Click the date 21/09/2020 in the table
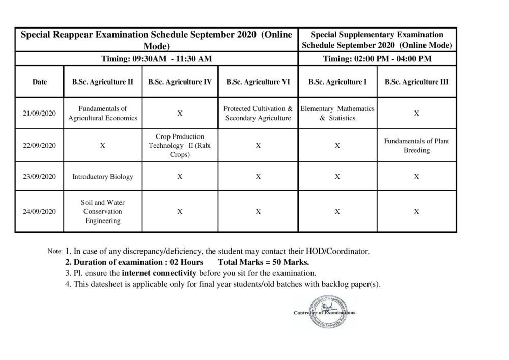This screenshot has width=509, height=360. pyautogui.click(x=39, y=113)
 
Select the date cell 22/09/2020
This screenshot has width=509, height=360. pyautogui.click(x=39, y=145)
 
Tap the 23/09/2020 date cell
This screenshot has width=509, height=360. pyautogui.click(x=39, y=177)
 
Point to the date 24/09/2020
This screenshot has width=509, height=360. pyautogui.click(x=39, y=211)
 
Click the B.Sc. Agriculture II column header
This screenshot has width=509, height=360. pyautogui.click(x=103, y=81)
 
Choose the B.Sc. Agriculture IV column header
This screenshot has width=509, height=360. pyautogui.click(x=180, y=81)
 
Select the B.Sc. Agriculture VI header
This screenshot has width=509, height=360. pyautogui.click(x=258, y=81)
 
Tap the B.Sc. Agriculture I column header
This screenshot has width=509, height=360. pyautogui.click(x=337, y=81)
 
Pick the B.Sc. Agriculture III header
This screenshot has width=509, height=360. pyautogui.click(x=416, y=81)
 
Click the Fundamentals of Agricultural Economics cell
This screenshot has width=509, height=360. pyautogui.click(x=103, y=113)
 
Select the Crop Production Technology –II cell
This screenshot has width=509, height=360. pyautogui.click(x=180, y=145)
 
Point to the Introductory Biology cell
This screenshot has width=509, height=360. pyautogui.click(x=103, y=177)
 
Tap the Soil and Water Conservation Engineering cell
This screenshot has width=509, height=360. pyautogui.click(x=103, y=211)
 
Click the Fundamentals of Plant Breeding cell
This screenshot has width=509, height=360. pyautogui.click(x=416, y=145)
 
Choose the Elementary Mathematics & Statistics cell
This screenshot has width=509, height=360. pyautogui.click(x=337, y=113)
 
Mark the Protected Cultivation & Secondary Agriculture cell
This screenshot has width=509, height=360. pyautogui.click(x=258, y=113)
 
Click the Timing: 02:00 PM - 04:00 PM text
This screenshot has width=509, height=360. pyautogui.click(x=377, y=59)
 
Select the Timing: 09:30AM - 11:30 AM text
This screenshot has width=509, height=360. pyautogui.click(x=156, y=59)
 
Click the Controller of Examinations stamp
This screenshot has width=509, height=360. pyautogui.click(x=324, y=312)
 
